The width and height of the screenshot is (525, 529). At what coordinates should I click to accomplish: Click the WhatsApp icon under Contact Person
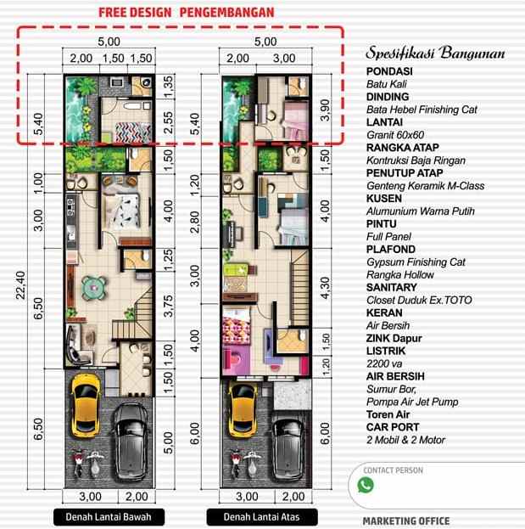pos(366,485)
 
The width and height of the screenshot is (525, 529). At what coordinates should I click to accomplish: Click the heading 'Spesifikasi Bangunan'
pos(435,53)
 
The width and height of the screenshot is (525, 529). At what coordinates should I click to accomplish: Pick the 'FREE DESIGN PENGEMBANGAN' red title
pos(186,14)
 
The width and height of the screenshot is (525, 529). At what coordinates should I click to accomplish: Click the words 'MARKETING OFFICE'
pos(405,521)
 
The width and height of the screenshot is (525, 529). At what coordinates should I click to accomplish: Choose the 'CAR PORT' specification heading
pos(393,427)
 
